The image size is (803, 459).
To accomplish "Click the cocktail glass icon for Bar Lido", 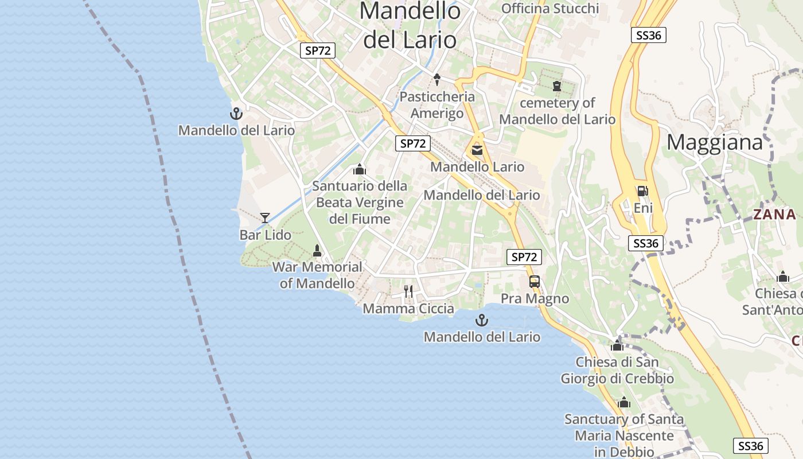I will (x=265, y=217).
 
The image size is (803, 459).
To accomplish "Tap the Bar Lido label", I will (x=265, y=235).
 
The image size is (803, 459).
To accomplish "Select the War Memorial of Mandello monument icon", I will (x=317, y=250).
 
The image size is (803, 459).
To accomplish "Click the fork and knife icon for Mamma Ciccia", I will (x=408, y=291).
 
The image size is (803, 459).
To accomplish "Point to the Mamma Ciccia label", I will (x=408, y=309).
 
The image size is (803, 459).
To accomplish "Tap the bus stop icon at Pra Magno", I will (x=535, y=282).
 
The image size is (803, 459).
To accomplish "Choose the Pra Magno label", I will (x=535, y=298).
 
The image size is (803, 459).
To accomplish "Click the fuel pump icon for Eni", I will (x=643, y=191).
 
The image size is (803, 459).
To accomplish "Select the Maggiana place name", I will (x=715, y=142).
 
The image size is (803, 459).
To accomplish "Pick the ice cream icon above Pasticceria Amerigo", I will (x=436, y=80).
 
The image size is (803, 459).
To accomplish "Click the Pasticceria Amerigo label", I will (x=437, y=104).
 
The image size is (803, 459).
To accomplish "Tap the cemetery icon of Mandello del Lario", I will (x=556, y=87).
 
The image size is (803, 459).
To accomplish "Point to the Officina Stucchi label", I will (x=550, y=9).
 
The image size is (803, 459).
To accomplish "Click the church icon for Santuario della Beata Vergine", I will (x=360, y=169).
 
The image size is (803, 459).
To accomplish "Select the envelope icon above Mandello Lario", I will (x=477, y=150).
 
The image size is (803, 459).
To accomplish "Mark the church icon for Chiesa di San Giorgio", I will (x=617, y=345).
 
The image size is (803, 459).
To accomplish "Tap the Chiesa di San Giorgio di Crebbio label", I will (x=617, y=371).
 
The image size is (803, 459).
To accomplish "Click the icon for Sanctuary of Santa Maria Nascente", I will (x=624, y=403).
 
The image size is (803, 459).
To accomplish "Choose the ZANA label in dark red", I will (x=774, y=215).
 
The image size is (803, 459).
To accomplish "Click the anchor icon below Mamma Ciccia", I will (x=482, y=320).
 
